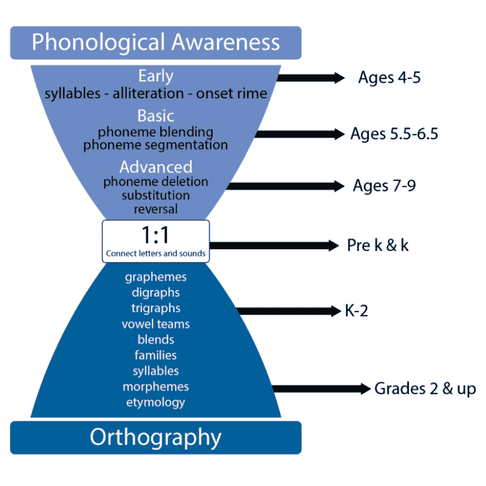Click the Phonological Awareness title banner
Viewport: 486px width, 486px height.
coord(156,43)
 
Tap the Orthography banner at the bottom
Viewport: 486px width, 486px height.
coord(156,437)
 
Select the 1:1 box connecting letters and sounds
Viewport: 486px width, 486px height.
coord(156,241)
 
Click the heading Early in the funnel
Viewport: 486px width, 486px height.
coord(156,77)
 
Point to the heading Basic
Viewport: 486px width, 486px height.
coord(156,115)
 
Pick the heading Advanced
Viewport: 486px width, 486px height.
coord(156,166)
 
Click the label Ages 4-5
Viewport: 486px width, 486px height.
coord(389,78)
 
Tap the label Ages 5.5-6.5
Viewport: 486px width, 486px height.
coord(394,134)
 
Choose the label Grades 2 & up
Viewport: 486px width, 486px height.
coord(425,389)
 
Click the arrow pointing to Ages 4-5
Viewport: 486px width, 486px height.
coord(310,78)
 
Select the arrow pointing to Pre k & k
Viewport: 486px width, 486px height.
coord(273,245)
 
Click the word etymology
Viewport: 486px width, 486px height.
coord(156,402)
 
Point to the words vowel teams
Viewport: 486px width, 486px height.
coord(156,324)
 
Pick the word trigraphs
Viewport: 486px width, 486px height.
coord(156,308)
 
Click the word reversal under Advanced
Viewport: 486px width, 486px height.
coord(156,209)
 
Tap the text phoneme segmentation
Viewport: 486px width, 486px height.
coord(156,145)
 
